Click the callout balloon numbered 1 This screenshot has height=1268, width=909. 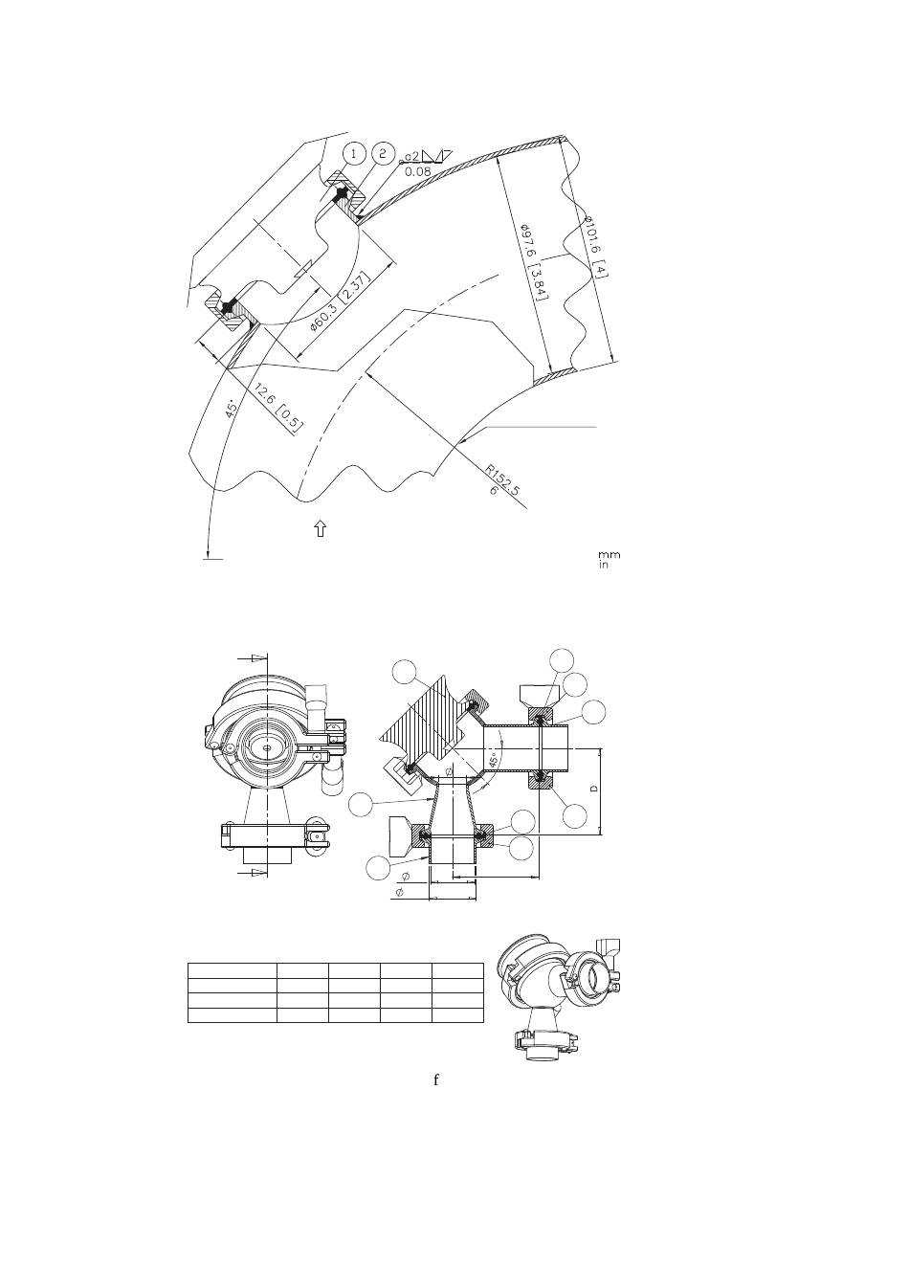coord(354,153)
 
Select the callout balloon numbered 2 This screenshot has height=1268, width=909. coord(383,153)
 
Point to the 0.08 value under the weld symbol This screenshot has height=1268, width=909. coord(418,170)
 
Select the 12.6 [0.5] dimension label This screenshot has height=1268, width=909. coord(279,406)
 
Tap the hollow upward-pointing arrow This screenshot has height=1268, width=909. coord(321,528)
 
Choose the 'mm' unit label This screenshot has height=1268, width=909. coord(609,555)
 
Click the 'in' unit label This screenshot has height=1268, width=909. coord(604,565)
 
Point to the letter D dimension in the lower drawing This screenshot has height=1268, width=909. coord(592,790)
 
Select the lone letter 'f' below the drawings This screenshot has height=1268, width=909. coord(435,1079)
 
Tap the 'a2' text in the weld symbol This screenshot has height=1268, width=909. coord(412,156)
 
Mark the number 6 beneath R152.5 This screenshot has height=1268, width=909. coord(493,490)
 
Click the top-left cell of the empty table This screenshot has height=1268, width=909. coord(233,969)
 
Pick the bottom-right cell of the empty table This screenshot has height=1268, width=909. coord(458,1015)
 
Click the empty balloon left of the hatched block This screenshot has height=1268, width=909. coord(405,672)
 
